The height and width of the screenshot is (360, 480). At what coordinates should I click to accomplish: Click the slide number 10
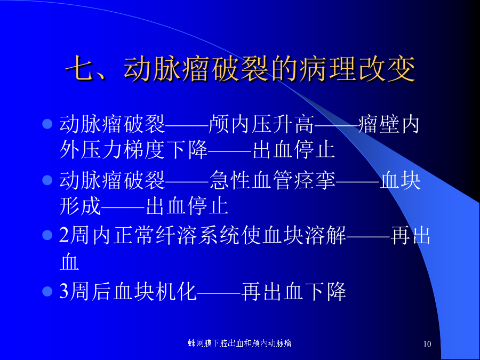[x=427, y=344]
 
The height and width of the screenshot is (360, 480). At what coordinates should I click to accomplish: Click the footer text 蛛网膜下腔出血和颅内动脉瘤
[x=239, y=343]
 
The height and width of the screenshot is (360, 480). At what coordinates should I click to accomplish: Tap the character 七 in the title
[x=79, y=68]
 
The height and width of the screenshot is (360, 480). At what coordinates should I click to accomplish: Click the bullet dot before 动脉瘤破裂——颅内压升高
[x=47, y=124]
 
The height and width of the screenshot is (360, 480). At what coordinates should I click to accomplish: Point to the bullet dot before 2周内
[x=47, y=235]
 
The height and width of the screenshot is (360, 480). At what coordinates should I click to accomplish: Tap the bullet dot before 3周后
[x=47, y=291]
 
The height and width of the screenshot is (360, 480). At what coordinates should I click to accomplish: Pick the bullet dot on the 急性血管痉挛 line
[x=47, y=180]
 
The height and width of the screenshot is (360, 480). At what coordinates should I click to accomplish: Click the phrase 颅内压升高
[x=261, y=124]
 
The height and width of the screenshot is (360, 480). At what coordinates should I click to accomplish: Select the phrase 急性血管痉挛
[x=273, y=180]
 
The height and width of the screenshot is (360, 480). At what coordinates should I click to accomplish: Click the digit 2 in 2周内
[x=64, y=235]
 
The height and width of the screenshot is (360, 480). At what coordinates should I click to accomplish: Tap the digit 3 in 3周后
[x=64, y=291]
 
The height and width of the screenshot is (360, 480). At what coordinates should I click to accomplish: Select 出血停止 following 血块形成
[x=187, y=205]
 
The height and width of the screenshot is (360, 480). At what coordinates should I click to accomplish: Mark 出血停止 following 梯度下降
[x=294, y=150]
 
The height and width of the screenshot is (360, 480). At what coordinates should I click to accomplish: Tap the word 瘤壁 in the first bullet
[x=379, y=124]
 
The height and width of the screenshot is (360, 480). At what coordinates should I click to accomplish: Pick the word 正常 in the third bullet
[x=134, y=235]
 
